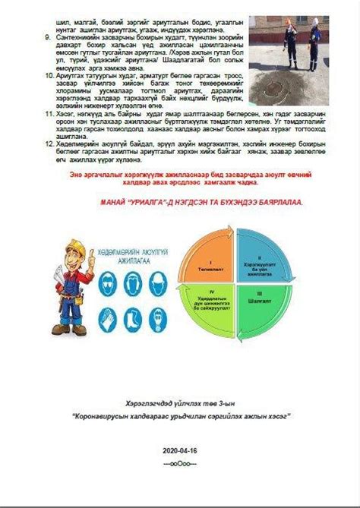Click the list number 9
coord(48,36)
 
